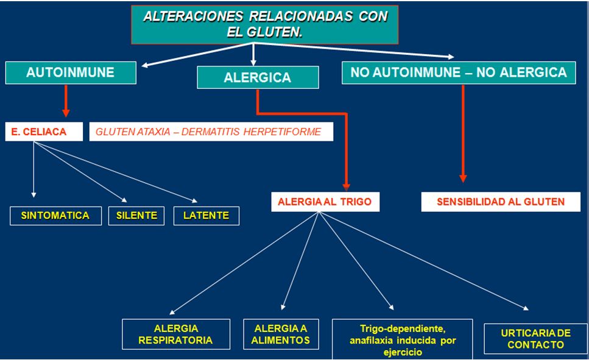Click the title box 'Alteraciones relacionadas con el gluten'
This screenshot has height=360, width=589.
point(265,24)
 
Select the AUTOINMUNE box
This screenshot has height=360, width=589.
point(71,72)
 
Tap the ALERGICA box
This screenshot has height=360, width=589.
point(257,77)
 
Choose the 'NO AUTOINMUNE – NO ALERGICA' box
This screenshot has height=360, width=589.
point(459,72)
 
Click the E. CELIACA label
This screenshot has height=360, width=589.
point(44,132)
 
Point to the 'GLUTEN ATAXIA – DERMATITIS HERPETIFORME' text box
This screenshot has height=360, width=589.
point(211,132)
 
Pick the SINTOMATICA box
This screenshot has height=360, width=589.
point(55,215)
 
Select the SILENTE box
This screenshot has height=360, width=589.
point(136,215)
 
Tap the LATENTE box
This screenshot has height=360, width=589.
point(206,215)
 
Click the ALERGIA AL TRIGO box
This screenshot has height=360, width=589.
point(325,202)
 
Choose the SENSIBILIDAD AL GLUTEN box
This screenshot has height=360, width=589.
point(501,202)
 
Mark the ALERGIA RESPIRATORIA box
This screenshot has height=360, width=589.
point(176,334)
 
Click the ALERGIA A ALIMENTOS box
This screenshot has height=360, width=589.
point(281,334)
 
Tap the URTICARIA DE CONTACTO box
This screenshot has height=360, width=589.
point(535,339)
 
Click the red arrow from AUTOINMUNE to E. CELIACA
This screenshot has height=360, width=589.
point(66,101)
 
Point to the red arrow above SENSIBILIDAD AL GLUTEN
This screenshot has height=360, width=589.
point(463,134)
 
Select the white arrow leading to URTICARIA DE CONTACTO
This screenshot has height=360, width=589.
point(426,263)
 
